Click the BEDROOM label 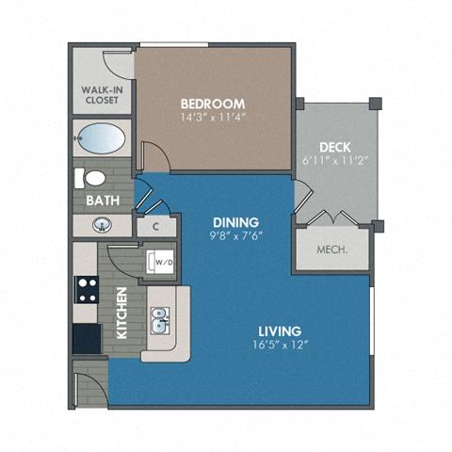(213, 104)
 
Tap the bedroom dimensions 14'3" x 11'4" (213, 119)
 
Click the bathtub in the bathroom (101, 139)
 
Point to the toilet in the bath (94, 178)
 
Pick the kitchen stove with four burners (88, 289)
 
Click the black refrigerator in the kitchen (87, 337)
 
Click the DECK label (334, 146)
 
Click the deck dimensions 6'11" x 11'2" (334, 161)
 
